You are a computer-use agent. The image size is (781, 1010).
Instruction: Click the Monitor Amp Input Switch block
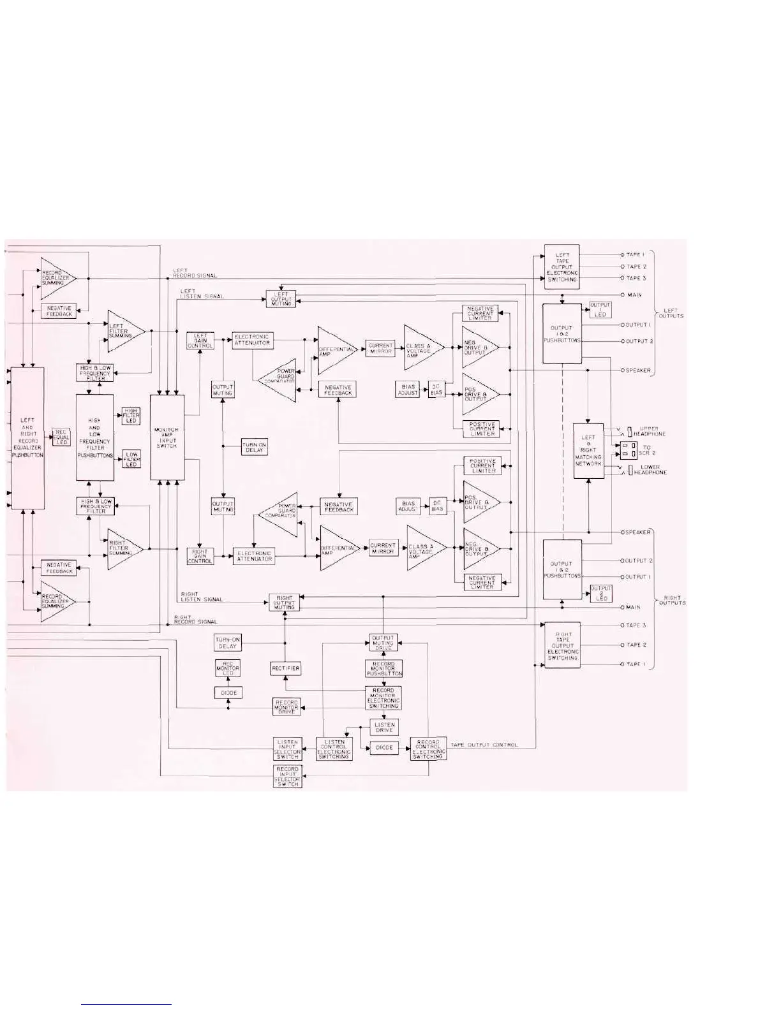tap(167, 437)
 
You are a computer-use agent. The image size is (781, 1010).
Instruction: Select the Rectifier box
tap(285, 668)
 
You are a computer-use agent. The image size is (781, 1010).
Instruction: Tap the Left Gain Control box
tap(200, 340)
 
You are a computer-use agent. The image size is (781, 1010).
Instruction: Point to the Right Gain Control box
tap(200, 556)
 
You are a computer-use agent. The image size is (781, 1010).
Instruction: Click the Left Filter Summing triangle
tap(123, 331)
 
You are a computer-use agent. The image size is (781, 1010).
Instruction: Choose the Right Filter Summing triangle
tap(123, 548)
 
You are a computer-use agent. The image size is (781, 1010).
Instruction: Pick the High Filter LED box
tap(131, 416)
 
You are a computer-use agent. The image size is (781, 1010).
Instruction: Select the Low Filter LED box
tap(131, 459)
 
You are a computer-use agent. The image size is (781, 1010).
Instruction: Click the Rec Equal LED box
tap(61, 437)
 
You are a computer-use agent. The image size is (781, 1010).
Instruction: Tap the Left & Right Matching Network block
tap(588, 451)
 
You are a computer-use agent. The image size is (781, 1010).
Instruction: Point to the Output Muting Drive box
tap(383, 643)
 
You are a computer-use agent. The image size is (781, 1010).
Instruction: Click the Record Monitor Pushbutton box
tap(383, 668)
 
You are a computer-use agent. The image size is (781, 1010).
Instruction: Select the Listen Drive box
tap(385, 727)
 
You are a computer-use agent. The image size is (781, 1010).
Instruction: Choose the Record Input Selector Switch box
tap(287, 777)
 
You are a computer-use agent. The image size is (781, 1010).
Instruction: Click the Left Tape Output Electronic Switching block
tap(562, 267)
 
